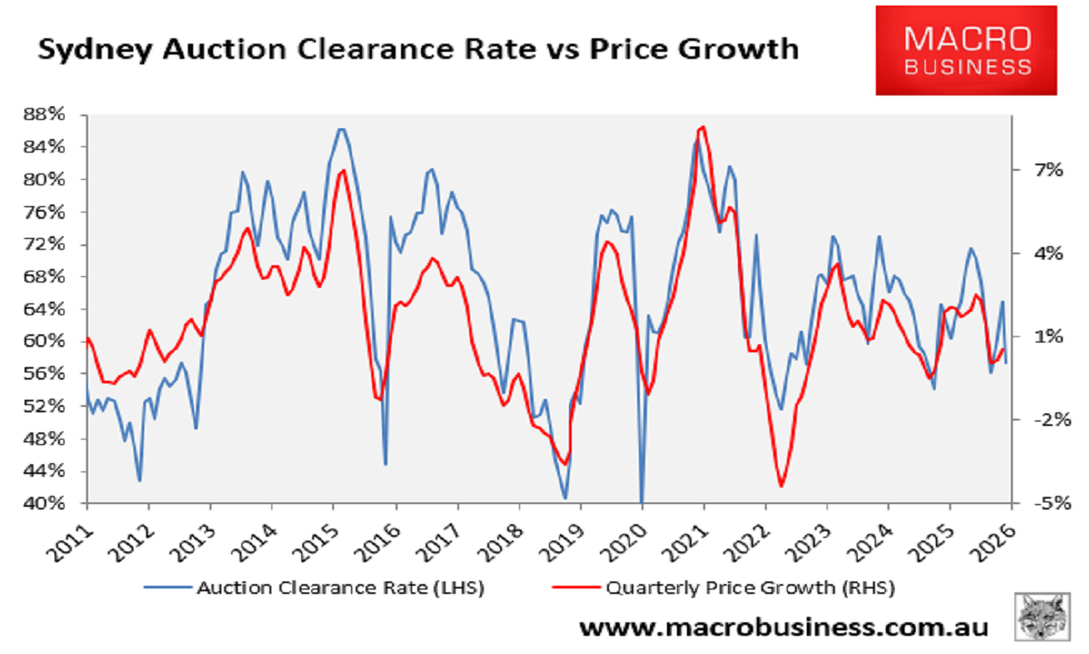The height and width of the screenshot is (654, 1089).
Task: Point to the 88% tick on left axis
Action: click(51, 114)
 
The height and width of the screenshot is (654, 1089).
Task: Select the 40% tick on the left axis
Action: click(51, 503)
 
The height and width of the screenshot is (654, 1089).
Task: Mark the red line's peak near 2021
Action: click(703, 127)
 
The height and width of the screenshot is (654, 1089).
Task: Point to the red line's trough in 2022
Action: click(780, 486)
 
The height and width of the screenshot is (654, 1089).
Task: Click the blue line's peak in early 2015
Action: click(341, 129)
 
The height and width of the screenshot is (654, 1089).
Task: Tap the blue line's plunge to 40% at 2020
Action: click(642, 501)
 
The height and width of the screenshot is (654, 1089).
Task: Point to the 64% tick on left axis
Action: click(51, 309)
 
